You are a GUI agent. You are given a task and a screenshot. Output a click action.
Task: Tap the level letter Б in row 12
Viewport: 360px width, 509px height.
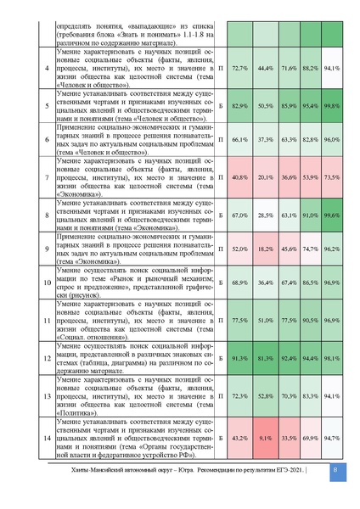pyautogui.click(x=221, y=358)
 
